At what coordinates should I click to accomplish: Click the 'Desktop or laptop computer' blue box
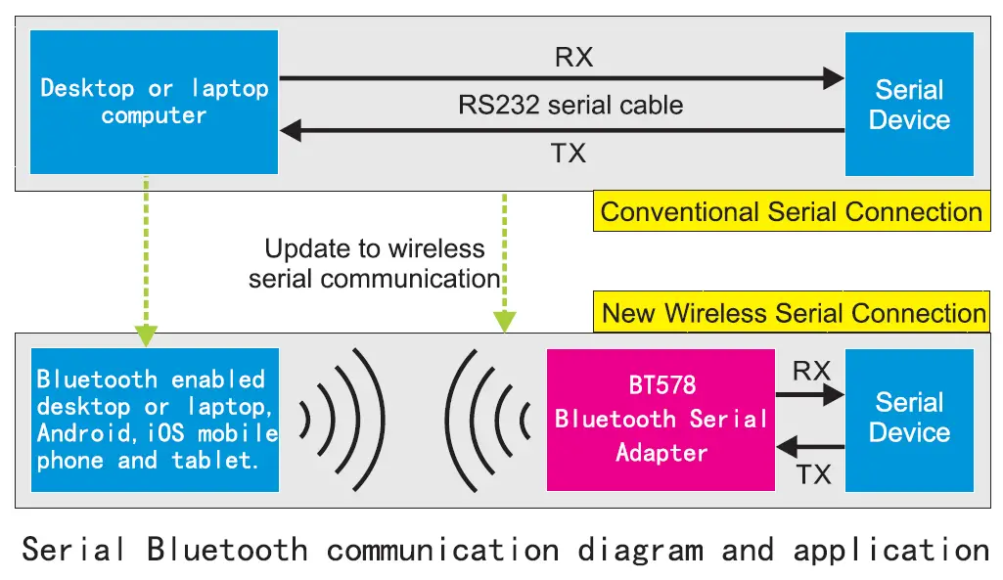point(154,102)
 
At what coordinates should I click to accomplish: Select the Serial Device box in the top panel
point(909,104)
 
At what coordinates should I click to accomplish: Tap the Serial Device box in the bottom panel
point(909,419)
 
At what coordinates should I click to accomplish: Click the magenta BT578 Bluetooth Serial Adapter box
point(661,419)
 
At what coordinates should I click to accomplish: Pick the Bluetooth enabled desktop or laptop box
point(155,419)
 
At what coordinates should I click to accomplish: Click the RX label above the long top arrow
point(573,57)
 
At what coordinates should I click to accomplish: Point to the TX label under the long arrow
point(569,153)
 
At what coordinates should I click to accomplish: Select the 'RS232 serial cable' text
point(570,105)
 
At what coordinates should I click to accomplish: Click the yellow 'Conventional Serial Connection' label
point(791,212)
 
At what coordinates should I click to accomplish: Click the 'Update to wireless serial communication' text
point(375,264)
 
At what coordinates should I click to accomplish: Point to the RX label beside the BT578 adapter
point(811,371)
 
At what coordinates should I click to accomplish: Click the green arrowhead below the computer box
point(146,334)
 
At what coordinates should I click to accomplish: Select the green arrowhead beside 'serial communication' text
point(505,320)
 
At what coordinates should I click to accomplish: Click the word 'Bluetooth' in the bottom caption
point(227,550)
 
